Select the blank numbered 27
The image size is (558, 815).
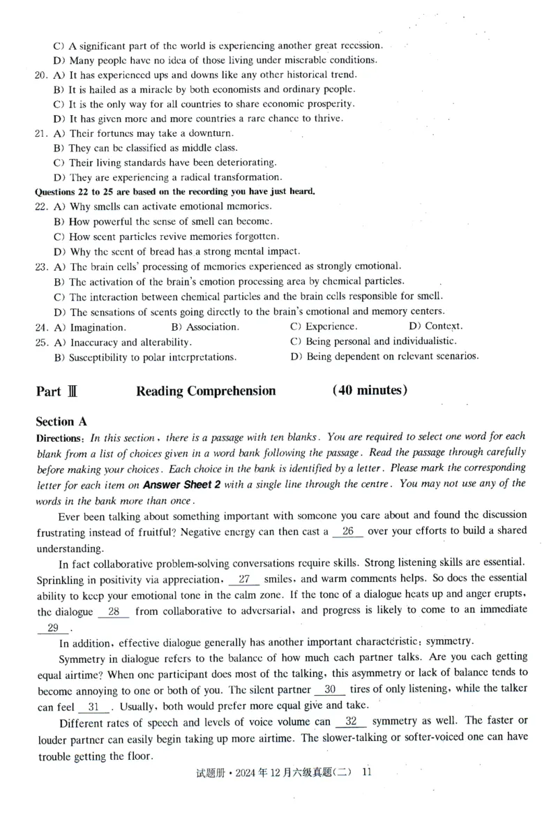244,579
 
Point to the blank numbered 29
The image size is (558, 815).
52,628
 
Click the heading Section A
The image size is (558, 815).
64,421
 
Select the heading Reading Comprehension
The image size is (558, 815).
206,391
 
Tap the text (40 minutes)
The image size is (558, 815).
370,390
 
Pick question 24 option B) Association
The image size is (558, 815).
204,327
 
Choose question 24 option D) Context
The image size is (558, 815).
435,326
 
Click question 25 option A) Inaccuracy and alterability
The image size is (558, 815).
122,343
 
